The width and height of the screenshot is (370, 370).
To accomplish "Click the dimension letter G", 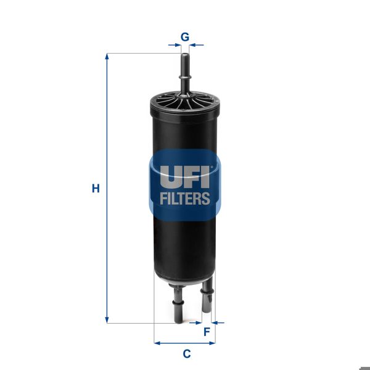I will pos(184,36).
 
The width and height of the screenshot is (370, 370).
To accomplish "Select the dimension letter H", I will pos(96,189).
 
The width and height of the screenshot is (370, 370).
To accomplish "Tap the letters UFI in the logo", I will pos(185,176).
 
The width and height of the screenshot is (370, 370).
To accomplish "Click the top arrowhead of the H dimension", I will pos(107,57).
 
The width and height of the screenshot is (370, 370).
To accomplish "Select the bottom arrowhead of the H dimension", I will pos(107,319).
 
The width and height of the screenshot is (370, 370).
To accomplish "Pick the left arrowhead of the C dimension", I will pos(157,342).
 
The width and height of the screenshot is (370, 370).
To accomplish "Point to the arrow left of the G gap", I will pos(174,45).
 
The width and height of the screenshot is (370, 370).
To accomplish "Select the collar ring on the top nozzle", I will pos(184,76).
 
